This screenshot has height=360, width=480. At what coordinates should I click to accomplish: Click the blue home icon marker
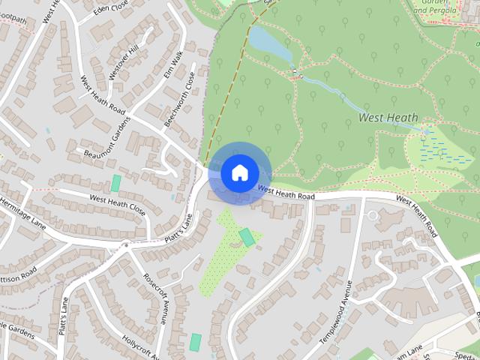tap(238, 172)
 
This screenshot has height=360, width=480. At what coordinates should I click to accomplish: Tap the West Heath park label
tap(388, 118)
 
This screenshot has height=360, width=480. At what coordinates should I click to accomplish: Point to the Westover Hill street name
tap(124, 56)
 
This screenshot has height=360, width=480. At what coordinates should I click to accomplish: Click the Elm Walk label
tap(173, 65)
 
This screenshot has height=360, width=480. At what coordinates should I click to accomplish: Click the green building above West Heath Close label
tap(116, 183)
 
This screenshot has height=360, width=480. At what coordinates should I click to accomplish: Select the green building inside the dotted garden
tap(247, 238)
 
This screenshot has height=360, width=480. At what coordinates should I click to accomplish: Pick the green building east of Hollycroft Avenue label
tap(196, 342)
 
